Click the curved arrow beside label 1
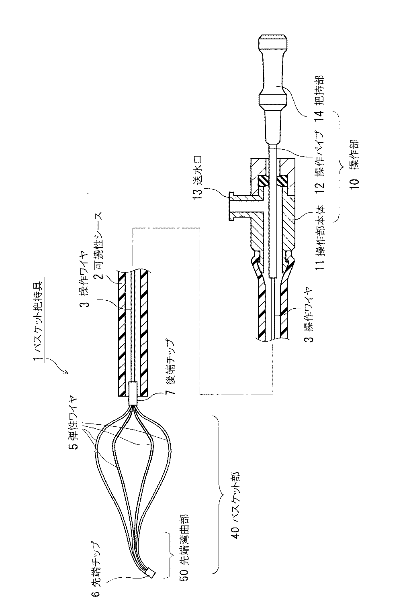coord(60,366)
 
